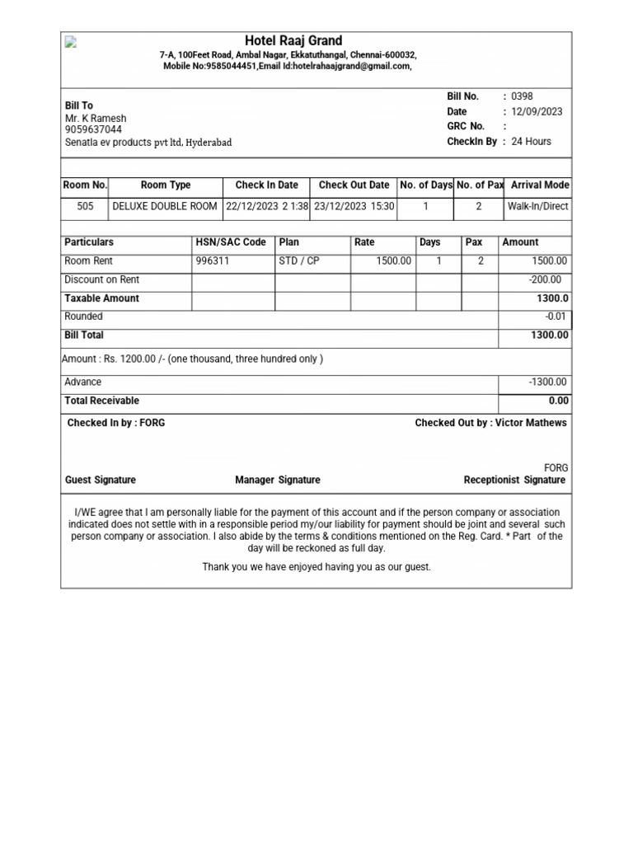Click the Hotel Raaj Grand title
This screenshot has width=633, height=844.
(293, 41)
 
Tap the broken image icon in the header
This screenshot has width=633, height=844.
(71, 43)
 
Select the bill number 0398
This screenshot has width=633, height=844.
(523, 96)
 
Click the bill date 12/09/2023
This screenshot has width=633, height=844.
(537, 111)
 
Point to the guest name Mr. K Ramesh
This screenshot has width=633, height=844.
(96, 118)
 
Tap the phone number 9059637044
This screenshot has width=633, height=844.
(93, 129)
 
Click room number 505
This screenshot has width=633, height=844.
(85, 206)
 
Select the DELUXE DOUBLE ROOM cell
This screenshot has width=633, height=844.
(165, 206)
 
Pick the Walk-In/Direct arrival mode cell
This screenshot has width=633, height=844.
(537, 206)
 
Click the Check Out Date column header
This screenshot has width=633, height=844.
(354, 185)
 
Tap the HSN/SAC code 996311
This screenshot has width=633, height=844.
(213, 261)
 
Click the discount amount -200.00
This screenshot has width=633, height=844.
(545, 279)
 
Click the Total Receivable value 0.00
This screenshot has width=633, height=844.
(558, 401)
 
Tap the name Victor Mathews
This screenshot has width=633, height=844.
(531, 423)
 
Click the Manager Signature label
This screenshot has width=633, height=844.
(278, 480)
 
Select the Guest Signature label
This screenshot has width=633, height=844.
(101, 480)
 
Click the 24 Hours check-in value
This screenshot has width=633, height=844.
(532, 142)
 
